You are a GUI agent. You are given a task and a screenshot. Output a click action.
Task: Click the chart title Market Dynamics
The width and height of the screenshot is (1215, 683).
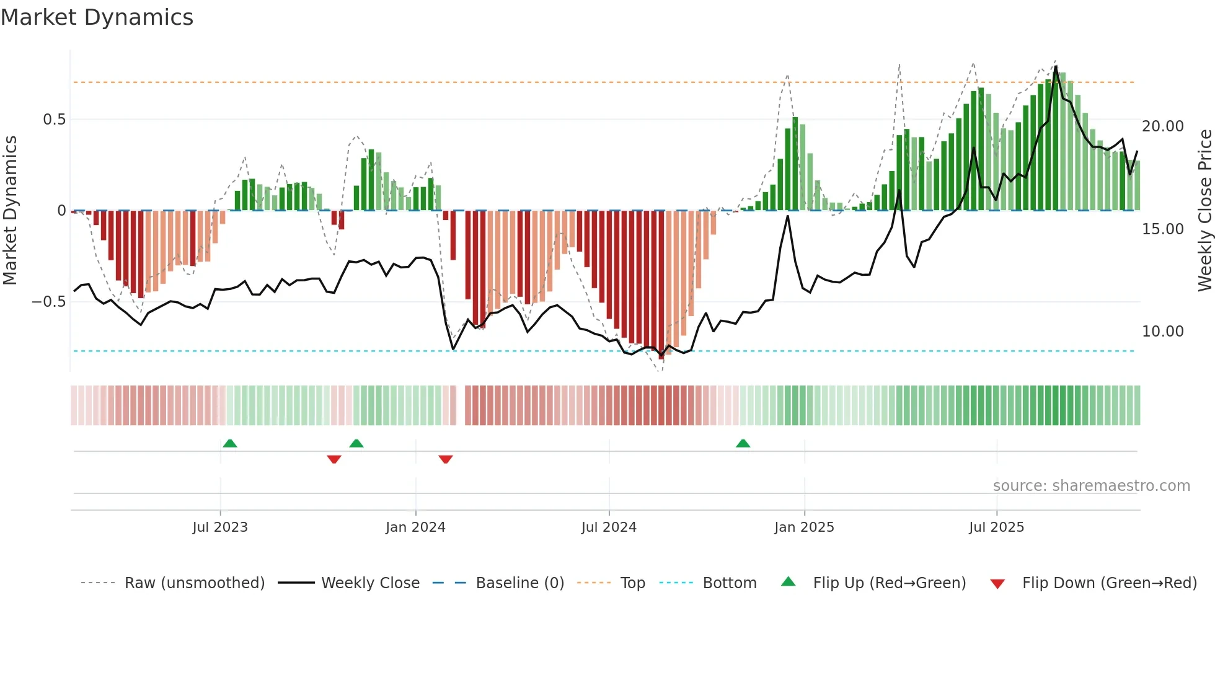tap(97, 17)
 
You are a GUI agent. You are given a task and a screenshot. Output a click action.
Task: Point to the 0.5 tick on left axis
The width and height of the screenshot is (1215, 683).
tap(54, 120)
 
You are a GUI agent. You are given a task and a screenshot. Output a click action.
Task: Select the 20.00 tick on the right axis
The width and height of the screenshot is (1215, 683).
tap(1162, 126)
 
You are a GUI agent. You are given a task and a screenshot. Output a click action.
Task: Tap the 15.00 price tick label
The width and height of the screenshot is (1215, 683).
tap(1162, 229)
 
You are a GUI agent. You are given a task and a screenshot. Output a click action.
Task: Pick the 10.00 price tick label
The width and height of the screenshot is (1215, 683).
tap(1162, 332)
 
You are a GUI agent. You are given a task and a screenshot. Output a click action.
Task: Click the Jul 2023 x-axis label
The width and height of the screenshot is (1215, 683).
tap(220, 527)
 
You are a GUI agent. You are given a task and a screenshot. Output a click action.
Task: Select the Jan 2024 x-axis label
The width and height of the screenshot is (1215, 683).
tap(415, 527)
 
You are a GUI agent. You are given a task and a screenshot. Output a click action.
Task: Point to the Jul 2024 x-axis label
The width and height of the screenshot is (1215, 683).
tap(609, 527)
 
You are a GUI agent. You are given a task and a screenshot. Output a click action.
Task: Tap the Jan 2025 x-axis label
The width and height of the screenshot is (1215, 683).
tap(804, 527)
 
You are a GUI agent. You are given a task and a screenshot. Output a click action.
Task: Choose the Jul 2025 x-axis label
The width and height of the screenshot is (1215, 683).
tap(996, 527)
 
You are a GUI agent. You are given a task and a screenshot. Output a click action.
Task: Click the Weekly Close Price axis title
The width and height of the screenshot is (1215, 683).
tap(1204, 211)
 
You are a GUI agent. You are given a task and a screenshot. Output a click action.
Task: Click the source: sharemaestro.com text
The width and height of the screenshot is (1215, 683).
tap(1091, 486)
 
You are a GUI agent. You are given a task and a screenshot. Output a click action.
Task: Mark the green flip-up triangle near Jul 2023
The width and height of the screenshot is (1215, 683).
tap(230, 443)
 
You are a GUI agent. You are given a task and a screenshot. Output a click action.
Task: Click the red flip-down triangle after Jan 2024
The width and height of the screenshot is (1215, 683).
tap(446, 459)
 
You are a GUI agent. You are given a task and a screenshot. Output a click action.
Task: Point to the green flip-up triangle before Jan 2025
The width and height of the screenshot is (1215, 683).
tap(743, 443)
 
